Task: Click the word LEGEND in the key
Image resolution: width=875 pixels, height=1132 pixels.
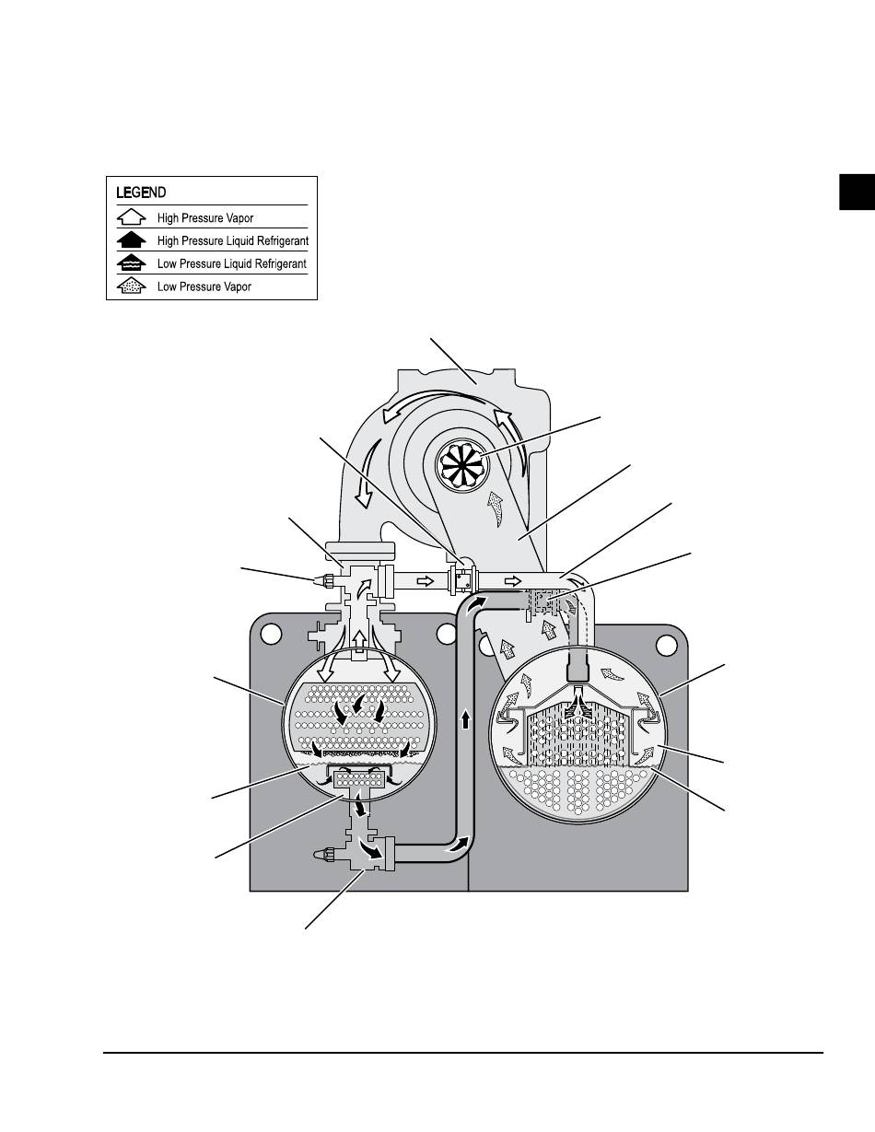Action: click(x=141, y=193)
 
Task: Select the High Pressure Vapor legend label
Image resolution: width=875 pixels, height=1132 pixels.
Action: click(x=204, y=218)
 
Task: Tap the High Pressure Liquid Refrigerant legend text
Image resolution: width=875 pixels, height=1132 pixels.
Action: click(x=232, y=241)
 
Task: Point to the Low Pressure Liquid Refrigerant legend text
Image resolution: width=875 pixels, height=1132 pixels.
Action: click(x=231, y=263)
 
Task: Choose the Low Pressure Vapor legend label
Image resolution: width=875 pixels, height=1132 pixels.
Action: click(x=204, y=286)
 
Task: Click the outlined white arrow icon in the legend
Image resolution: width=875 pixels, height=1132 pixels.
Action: click(x=133, y=218)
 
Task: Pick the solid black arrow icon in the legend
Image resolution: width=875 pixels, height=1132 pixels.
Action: click(x=133, y=240)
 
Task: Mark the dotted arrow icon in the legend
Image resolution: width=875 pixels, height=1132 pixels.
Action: click(x=133, y=286)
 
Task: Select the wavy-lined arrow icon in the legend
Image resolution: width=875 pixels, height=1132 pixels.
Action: click(x=133, y=263)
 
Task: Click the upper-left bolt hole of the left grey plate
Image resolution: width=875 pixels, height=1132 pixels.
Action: click(x=270, y=635)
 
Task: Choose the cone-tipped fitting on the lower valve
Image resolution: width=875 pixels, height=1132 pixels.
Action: click(x=325, y=854)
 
